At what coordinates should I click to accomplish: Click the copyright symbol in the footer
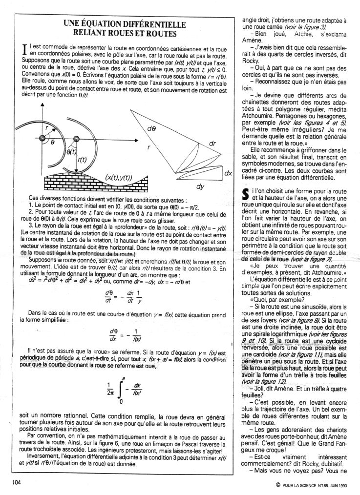(x=277, y=485)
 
